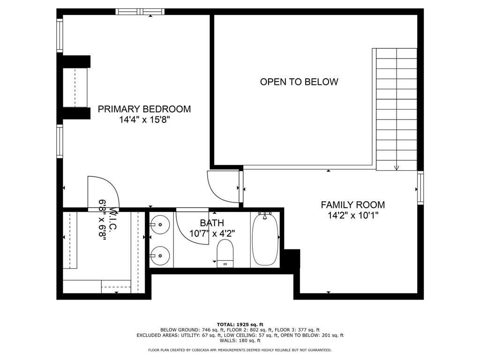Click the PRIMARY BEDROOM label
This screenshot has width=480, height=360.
144,109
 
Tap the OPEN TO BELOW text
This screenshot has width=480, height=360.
299,82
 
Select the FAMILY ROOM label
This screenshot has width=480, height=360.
352,205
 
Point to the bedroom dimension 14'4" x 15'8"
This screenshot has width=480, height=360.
144,120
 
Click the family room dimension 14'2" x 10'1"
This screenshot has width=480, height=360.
352,216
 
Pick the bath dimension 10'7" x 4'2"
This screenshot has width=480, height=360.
212,233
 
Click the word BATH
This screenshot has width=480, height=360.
212,223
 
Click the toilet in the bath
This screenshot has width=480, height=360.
225,252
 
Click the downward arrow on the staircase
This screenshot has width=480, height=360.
397,167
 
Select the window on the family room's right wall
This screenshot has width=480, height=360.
420,188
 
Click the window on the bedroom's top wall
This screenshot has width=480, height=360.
140,11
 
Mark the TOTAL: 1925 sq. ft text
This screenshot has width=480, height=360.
240,324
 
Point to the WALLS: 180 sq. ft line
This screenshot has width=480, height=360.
240,341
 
